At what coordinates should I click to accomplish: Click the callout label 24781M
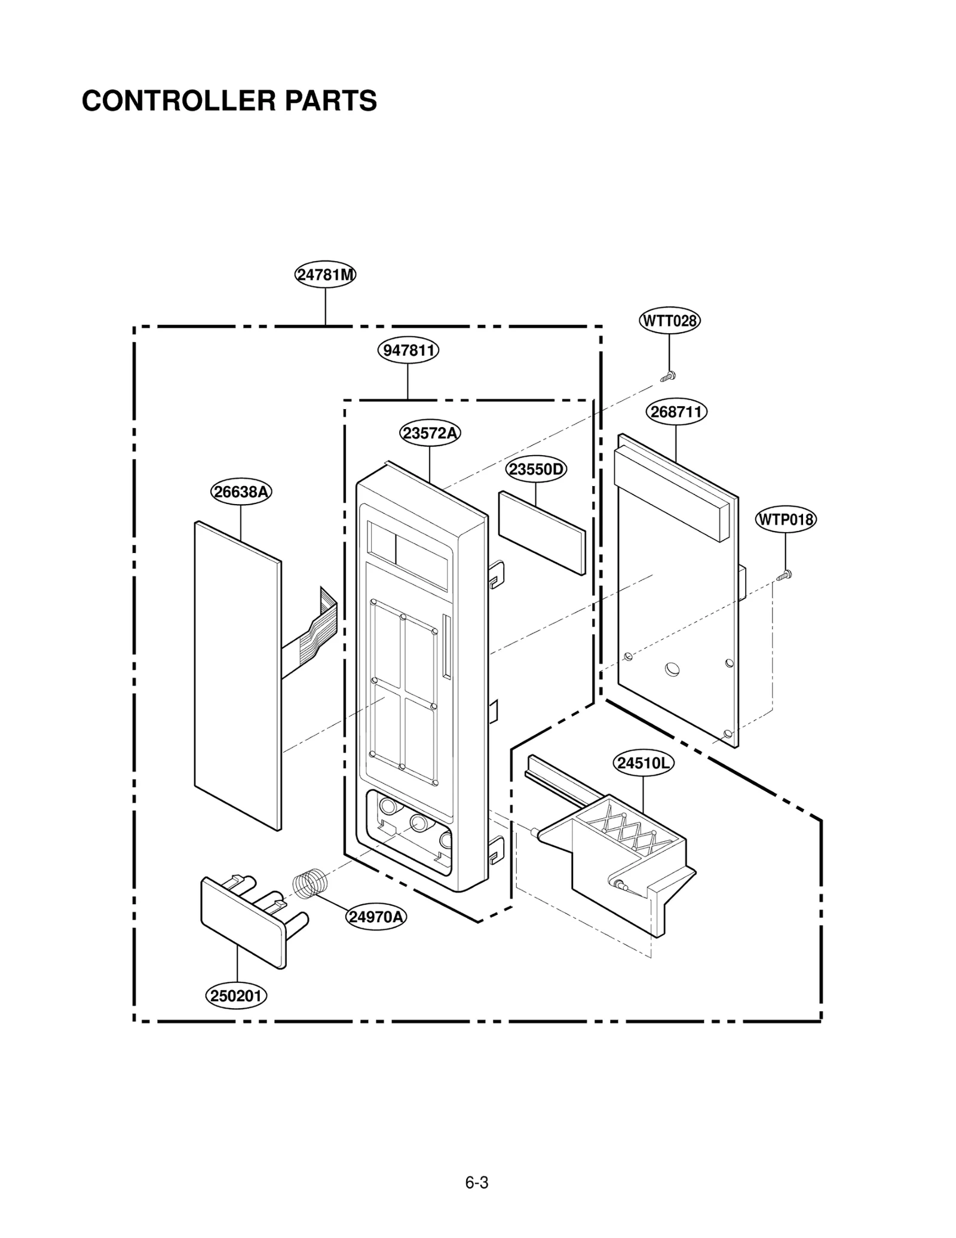325,275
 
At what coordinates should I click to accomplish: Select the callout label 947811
408,350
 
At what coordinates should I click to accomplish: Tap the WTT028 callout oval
669,321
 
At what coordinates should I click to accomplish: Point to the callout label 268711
676,412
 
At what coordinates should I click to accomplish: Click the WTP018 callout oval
786,520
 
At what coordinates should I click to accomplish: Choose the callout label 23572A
430,433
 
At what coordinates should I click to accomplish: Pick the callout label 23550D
536,469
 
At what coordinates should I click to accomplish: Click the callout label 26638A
241,492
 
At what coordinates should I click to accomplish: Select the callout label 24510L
644,763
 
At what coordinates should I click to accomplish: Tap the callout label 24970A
376,917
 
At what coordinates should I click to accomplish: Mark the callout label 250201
236,996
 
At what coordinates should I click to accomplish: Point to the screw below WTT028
668,376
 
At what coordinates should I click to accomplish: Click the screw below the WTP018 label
785,576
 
